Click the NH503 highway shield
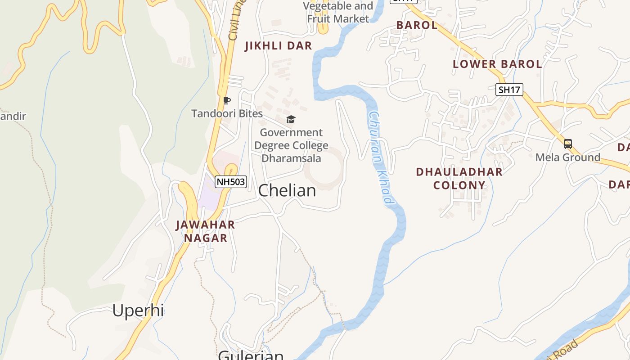point(231,182)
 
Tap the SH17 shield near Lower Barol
point(509,90)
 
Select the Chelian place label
point(287,190)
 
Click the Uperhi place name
point(138,310)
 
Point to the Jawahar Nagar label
point(205,231)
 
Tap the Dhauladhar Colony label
point(459,178)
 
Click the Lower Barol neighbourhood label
point(497,64)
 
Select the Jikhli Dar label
point(278,46)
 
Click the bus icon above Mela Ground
point(568,144)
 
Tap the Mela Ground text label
point(568,157)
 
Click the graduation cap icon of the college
point(291,119)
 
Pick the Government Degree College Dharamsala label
point(291,145)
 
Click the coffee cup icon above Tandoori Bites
point(227,100)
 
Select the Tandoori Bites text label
point(227,113)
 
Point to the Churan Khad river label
point(381,158)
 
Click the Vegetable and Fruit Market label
point(338,12)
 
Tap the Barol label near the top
point(417,25)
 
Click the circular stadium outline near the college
point(324,169)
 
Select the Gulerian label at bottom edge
point(251,355)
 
